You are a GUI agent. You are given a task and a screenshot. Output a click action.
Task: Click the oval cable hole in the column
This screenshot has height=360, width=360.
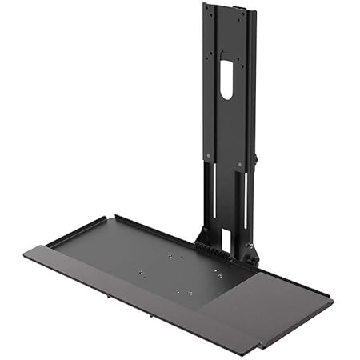(226, 82)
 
